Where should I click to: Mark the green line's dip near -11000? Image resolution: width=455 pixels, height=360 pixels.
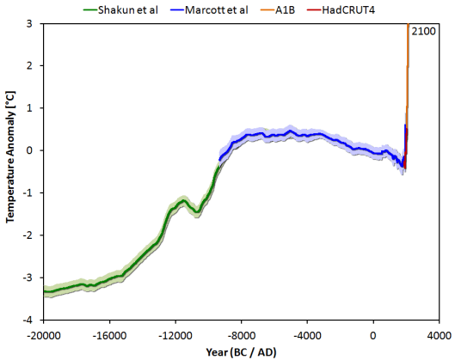197,211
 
